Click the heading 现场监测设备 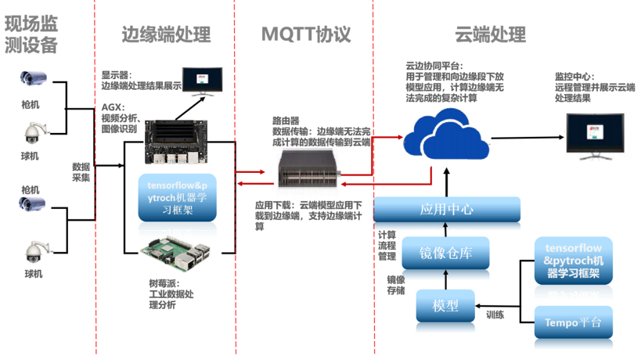click(x=32, y=34)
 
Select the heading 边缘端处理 click(x=166, y=34)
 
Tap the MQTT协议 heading click(x=305, y=34)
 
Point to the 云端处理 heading click(x=491, y=34)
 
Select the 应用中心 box click(x=446, y=209)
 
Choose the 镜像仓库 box click(x=445, y=253)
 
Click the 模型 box click(x=445, y=305)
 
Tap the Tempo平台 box click(x=573, y=322)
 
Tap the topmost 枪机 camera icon click(x=34, y=78)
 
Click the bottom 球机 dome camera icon click(x=34, y=250)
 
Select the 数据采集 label click(x=81, y=172)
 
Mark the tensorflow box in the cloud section click(x=573, y=261)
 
